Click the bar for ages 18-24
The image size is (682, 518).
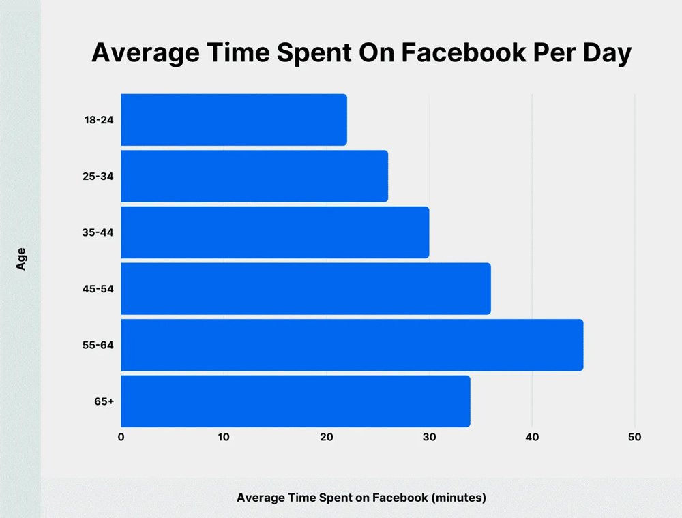point(233,120)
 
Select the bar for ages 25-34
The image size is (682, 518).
point(254,176)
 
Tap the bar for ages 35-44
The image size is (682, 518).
point(274,232)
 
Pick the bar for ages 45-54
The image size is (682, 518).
point(305,288)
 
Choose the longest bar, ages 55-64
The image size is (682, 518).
point(351,345)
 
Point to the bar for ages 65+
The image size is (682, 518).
point(295,401)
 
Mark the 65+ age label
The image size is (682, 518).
point(104,401)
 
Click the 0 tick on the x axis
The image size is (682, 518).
point(121,438)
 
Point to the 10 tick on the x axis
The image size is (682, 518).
point(224,438)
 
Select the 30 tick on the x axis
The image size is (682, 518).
point(429,438)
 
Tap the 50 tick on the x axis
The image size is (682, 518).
point(634,438)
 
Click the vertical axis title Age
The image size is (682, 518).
point(21,259)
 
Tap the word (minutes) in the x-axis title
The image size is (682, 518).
point(458,498)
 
